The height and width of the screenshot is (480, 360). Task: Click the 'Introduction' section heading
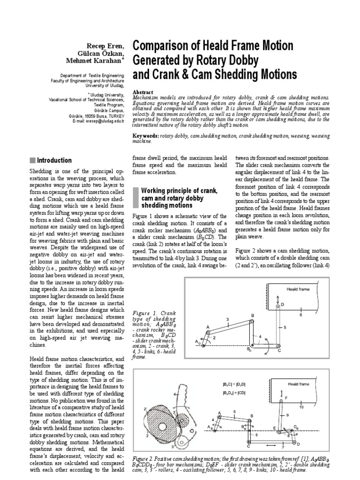point(54,160)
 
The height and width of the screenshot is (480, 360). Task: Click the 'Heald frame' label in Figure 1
point(298,290)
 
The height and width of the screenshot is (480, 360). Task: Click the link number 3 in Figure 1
point(227,319)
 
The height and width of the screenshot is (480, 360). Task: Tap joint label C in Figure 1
point(280,351)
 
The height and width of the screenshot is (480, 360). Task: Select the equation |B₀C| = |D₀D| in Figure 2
point(234,385)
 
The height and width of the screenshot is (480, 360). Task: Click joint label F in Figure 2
point(286,397)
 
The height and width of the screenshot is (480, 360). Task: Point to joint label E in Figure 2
point(274,428)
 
